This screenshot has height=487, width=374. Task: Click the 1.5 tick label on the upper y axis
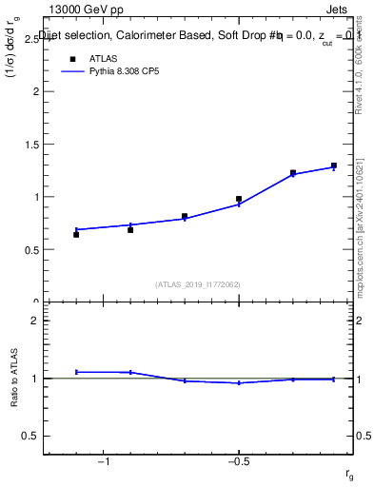click(x=31, y=145)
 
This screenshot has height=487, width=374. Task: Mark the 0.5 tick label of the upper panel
click(x=31, y=250)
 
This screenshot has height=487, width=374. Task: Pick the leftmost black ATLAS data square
click(x=76, y=234)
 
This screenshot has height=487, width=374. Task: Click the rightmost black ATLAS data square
click(x=334, y=166)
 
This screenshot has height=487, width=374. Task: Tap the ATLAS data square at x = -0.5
click(x=239, y=199)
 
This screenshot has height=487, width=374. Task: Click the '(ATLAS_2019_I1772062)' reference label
click(x=198, y=283)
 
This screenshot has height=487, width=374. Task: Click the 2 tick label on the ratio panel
click(x=35, y=321)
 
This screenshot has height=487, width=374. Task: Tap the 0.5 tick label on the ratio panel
click(x=31, y=436)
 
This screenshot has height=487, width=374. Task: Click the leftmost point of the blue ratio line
click(x=76, y=372)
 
